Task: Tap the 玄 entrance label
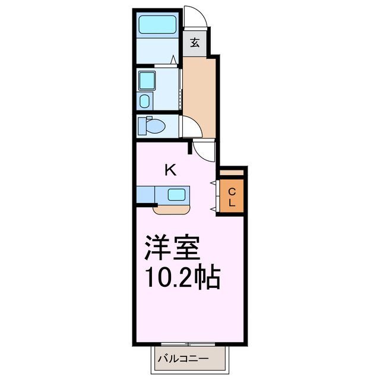point(194,43)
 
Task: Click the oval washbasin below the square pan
point(145,100)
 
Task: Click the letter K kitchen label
point(170,170)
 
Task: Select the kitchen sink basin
point(176,194)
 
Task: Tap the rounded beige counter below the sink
point(172,208)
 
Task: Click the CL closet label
point(232,197)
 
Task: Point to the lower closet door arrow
point(213,210)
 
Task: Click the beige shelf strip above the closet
point(232,173)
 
